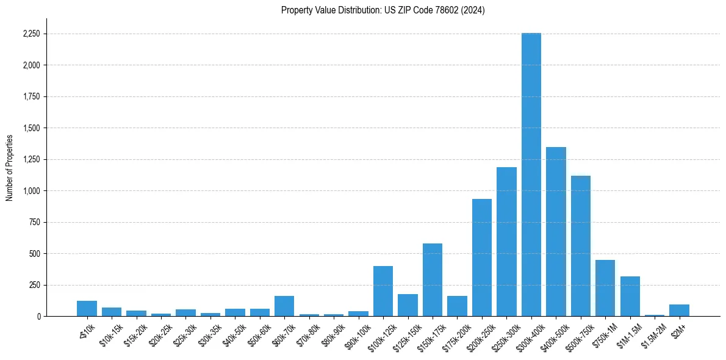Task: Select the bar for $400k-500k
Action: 556,232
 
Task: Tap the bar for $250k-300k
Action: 506,242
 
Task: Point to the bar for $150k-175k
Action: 433,280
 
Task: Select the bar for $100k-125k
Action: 383,291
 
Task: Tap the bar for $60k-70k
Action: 284,306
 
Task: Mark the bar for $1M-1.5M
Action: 630,297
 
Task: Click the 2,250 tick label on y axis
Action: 30,34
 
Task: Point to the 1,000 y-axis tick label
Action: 30,191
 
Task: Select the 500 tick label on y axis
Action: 34,254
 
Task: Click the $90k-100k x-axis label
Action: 358,334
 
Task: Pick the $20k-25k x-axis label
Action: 160,334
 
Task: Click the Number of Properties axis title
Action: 9,168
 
